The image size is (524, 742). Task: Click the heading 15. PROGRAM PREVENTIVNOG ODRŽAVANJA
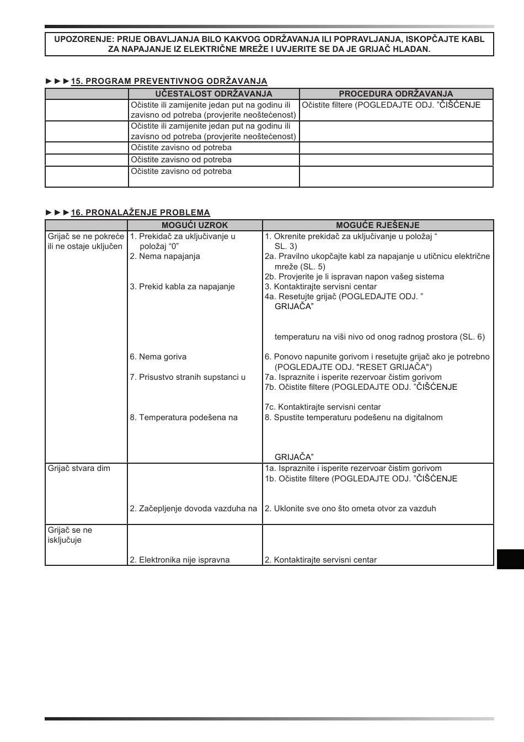(169, 81)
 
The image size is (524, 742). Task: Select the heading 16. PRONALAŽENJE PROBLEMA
(140, 213)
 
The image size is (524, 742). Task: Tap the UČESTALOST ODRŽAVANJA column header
(213, 94)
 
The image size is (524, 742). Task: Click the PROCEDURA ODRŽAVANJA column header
(395, 94)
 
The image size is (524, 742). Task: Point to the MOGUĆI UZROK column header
(194, 225)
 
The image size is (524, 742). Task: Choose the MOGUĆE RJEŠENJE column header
(377, 225)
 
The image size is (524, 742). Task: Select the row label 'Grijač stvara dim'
(79, 468)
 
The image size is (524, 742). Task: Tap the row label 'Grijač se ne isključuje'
(70, 535)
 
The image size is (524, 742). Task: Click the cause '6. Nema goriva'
(158, 357)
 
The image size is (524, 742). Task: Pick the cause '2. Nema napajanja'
(164, 256)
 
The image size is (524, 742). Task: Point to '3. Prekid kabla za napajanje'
(182, 287)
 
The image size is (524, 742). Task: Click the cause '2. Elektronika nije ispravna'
(179, 560)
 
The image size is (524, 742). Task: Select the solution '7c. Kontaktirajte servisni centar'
(322, 407)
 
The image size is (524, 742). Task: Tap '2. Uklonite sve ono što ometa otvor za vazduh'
(350, 508)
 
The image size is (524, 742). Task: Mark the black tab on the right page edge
(510, 559)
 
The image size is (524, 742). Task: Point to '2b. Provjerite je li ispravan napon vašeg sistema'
(354, 277)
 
